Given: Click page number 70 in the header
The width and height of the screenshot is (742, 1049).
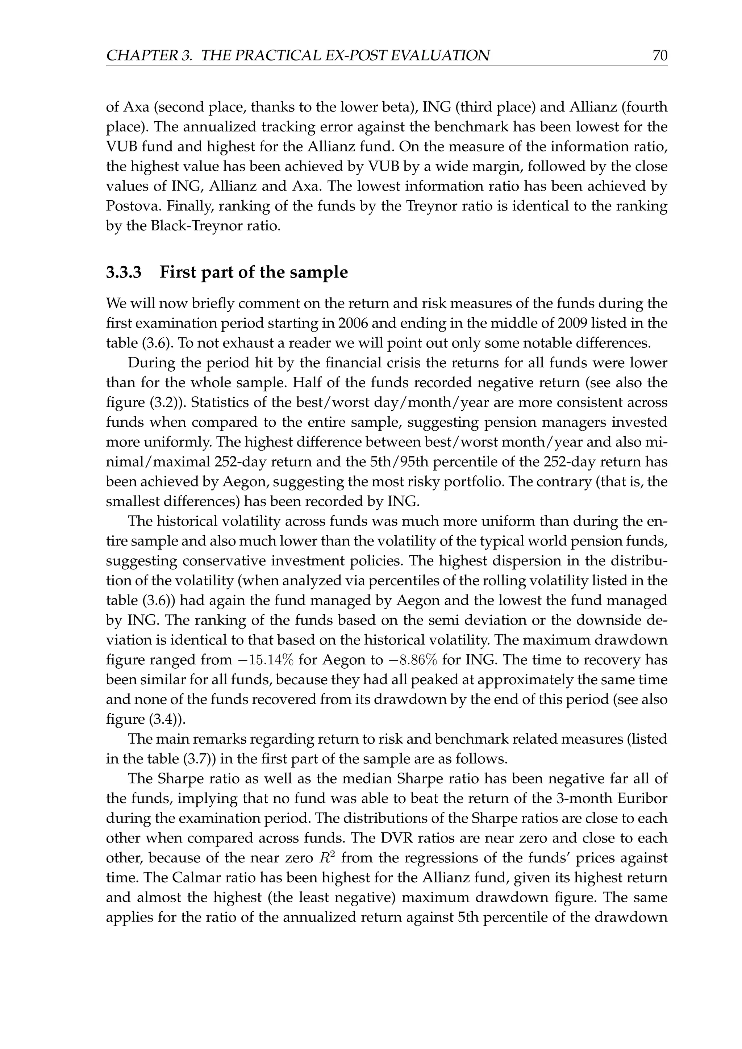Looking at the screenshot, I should coord(660,55).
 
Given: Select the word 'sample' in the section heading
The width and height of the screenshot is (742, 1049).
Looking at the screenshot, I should coord(322,272).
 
